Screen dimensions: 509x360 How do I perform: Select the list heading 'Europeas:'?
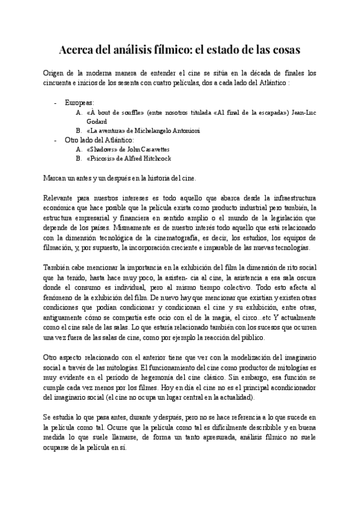79,103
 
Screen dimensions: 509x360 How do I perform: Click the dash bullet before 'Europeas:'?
56,103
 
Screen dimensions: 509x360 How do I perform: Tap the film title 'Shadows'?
104,149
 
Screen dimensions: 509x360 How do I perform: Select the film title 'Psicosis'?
106,158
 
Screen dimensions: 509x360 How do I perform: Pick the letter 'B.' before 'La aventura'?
79,130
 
